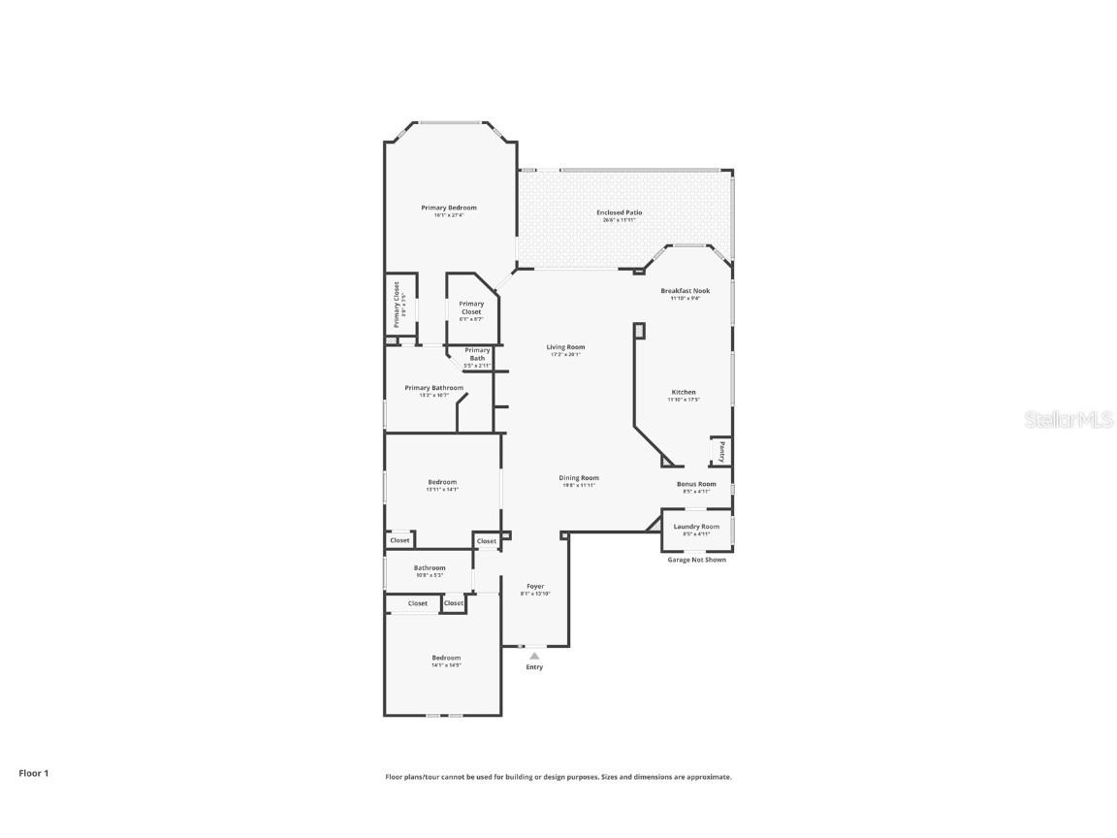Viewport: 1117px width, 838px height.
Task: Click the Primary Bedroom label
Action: click(x=448, y=208)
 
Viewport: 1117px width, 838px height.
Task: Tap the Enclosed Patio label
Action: click(x=619, y=212)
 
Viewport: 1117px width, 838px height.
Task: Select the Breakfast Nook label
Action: click(x=685, y=291)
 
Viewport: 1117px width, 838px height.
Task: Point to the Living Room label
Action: click(x=565, y=347)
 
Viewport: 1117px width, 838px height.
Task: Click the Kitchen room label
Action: click(x=684, y=392)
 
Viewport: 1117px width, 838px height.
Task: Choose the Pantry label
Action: click(x=721, y=452)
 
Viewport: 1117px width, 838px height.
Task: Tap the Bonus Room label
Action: click(x=696, y=484)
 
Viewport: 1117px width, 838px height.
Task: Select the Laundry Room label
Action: click(x=696, y=527)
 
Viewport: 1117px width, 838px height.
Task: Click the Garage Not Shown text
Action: click(x=696, y=560)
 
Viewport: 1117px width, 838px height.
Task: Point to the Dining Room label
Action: click(x=579, y=477)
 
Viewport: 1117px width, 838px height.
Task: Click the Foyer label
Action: click(x=535, y=586)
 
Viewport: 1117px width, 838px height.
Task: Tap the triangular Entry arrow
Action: click(x=534, y=656)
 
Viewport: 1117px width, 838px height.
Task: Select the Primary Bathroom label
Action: click(x=433, y=388)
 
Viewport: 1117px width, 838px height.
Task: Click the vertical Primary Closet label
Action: click(x=397, y=305)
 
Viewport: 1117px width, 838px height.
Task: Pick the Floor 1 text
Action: click(x=33, y=773)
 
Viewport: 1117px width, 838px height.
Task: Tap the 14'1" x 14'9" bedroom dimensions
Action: click(x=446, y=665)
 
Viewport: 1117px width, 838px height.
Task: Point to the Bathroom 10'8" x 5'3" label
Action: click(x=430, y=568)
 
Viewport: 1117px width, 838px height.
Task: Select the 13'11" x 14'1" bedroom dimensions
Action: click(x=442, y=490)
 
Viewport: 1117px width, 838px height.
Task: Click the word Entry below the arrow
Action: click(x=534, y=667)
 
